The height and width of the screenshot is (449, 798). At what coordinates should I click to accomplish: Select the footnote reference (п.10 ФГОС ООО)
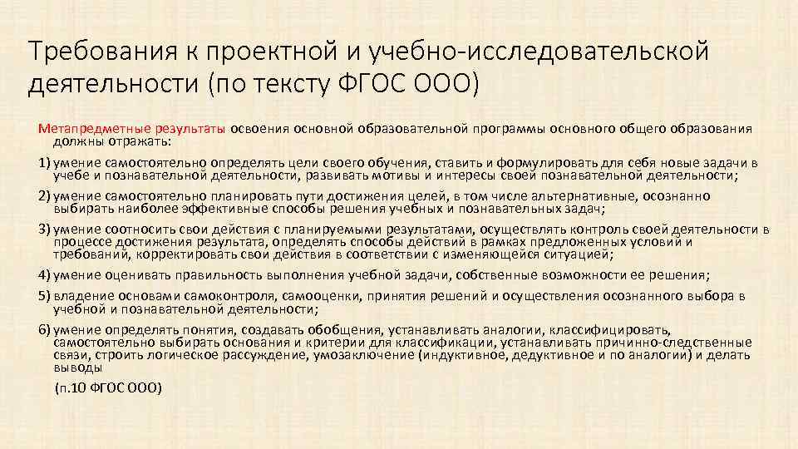108,387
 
